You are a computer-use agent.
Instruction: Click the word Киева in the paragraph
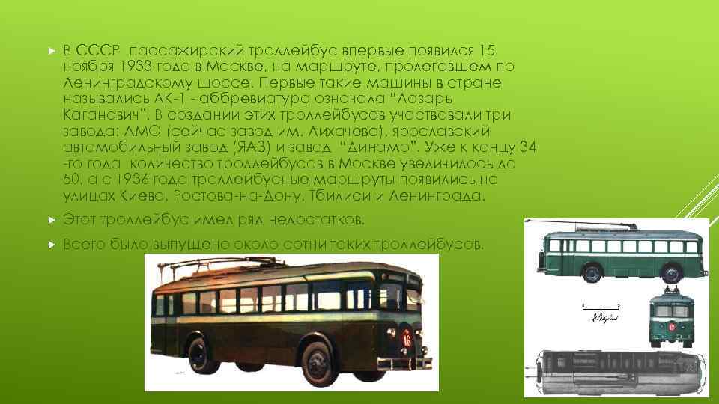click(143, 196)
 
